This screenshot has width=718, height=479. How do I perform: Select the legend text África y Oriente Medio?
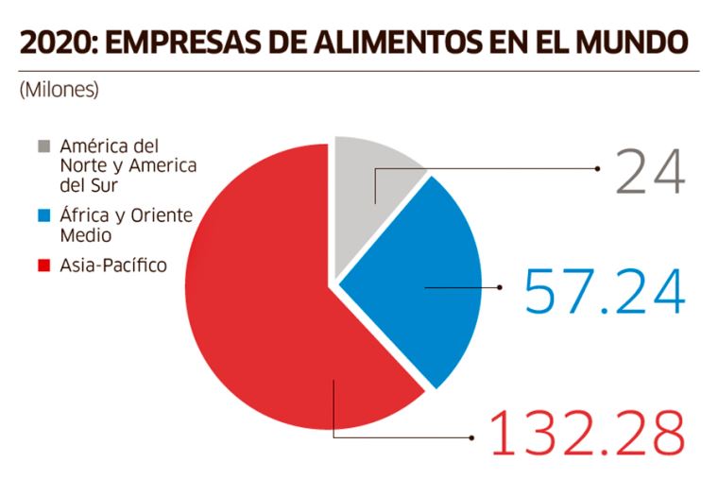coord(125,224)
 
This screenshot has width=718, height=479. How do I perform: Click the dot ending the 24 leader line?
coord(599,169)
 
